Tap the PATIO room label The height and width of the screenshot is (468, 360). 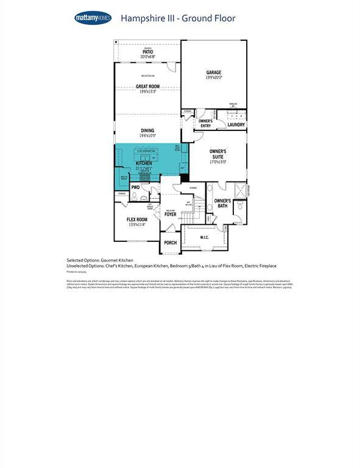147,52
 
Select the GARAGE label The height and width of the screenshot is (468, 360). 213,73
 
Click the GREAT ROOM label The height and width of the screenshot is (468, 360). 147,87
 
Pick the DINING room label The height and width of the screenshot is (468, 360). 147,130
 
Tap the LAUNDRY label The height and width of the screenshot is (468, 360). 236,125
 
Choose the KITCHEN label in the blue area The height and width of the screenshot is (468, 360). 144,163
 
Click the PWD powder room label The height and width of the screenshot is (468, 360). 135,188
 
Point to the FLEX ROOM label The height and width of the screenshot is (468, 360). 136,219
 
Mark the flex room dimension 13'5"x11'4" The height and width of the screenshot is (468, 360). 136,225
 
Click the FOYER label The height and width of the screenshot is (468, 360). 170,214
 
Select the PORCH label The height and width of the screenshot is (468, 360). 171,243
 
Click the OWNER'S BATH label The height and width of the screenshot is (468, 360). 222,204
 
